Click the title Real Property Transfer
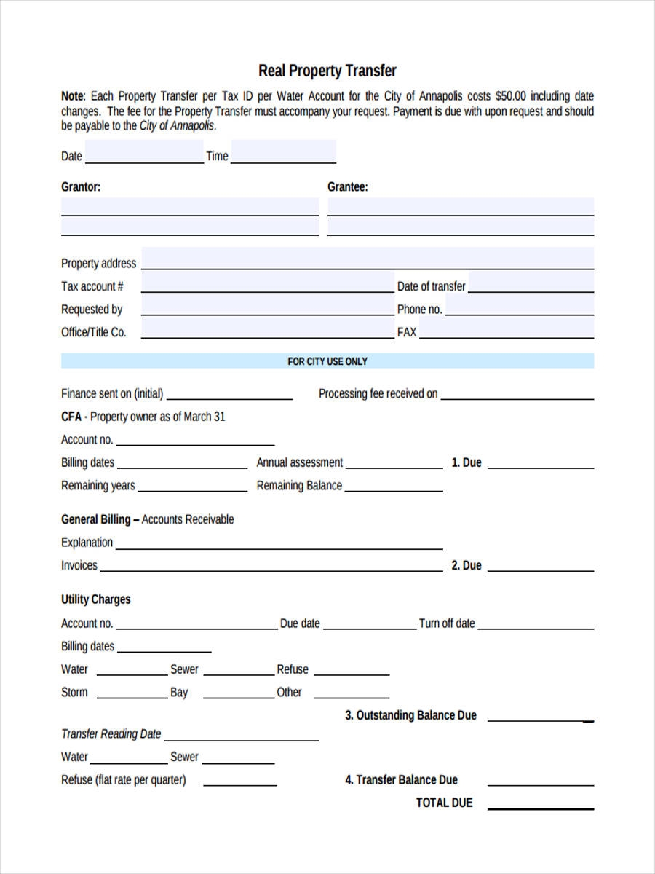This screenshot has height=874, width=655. [x=327, y=71]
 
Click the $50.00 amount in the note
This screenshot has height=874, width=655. [x=512, y=96]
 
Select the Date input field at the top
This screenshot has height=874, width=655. [x=144, y=154]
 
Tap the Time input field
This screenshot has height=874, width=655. [x=283, y=154]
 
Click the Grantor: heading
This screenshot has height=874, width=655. [x=81, y=187]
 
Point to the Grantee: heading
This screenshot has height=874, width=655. [x=348, y=187]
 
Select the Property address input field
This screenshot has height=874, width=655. [x=368, y=260]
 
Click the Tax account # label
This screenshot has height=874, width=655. [x=92, y=286]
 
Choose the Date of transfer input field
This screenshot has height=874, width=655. [x=530, y=283]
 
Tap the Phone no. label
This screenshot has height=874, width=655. [x=419, y=310]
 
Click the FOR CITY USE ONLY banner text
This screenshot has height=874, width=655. [x=327, y=361]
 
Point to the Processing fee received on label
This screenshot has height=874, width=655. [x=378, y=394]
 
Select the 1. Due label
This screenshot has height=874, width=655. [x=467, y=462]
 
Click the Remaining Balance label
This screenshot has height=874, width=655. [x=299, y=486]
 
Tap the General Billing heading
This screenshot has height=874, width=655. [x=96, y=519]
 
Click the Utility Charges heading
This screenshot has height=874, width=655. [x=96, y=599]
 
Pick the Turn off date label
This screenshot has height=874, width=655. [x=447, y=623]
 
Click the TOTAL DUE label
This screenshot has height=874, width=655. [x=444, y=803]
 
